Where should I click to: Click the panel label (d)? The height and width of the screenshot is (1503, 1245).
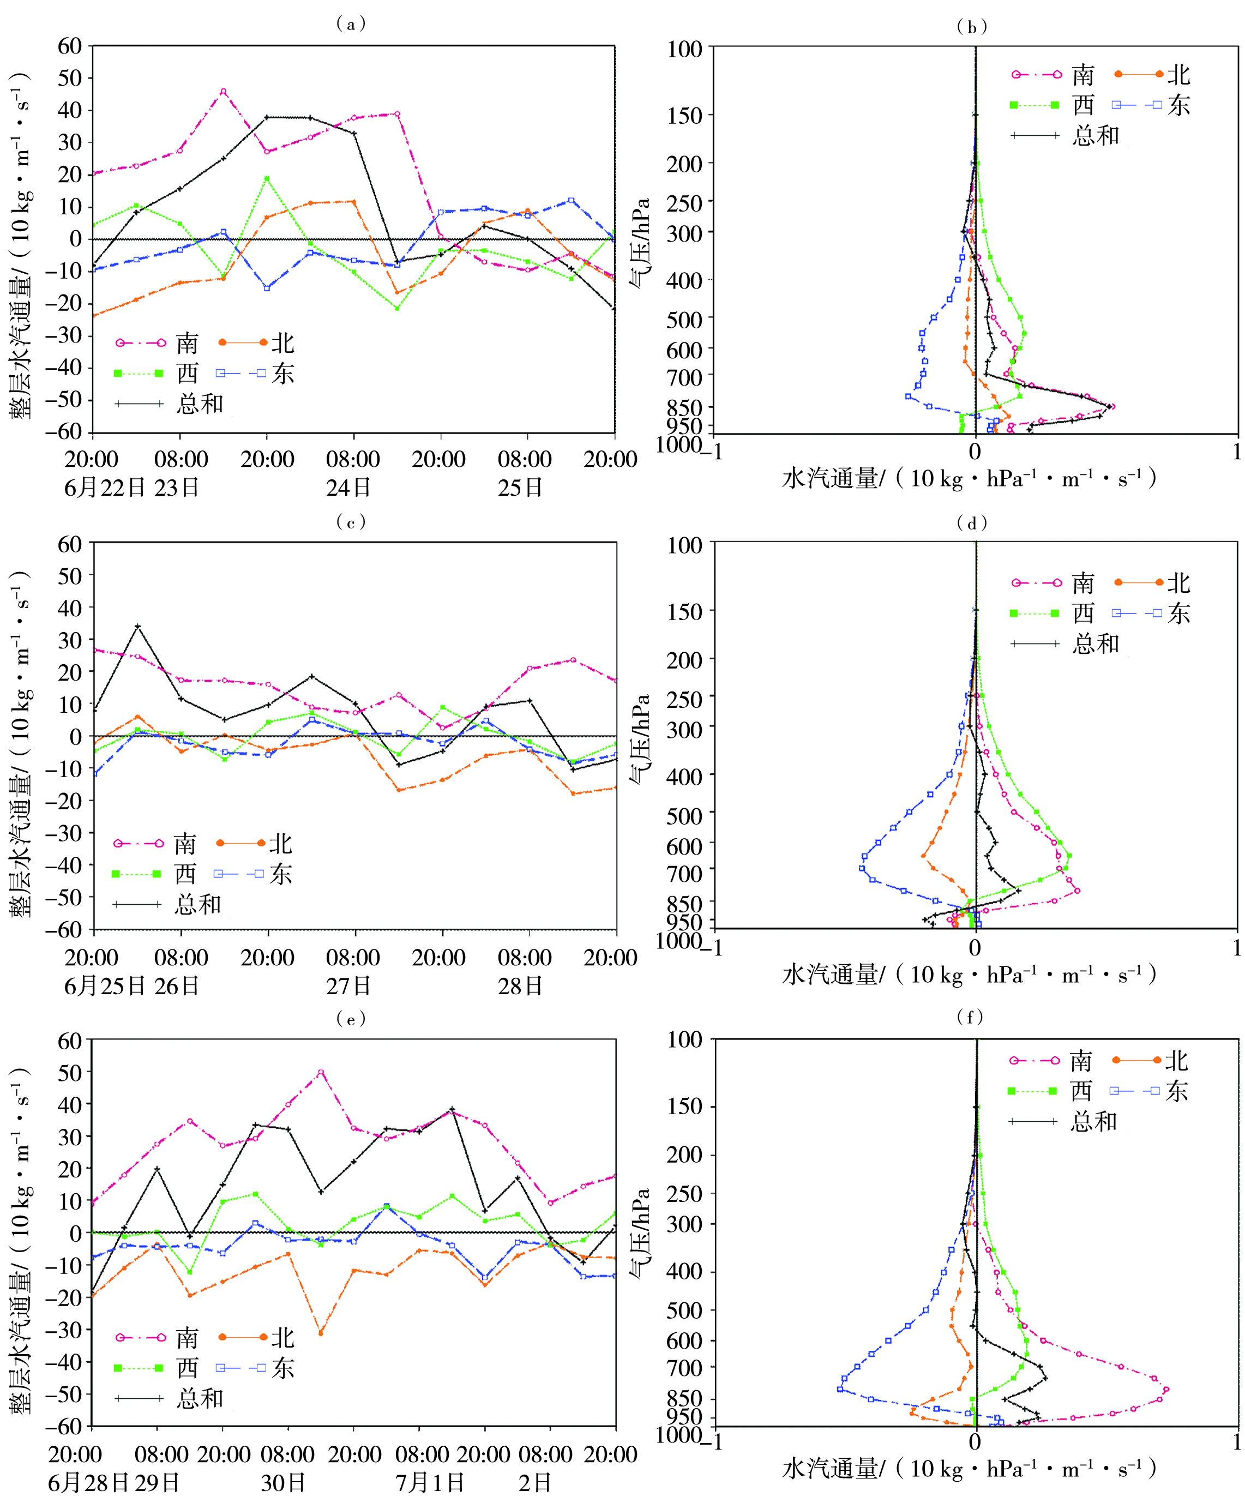[x=972, y=523]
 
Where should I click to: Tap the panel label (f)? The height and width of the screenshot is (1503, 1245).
[x=970, y=1017]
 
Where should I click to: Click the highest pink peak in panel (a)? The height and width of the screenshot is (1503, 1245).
[x=223, y=92]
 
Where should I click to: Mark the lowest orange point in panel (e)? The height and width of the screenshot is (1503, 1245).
[x=321, y=1333]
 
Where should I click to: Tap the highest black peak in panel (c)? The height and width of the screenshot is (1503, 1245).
[x=138, y=627]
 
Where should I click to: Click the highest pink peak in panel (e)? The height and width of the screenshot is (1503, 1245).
[x=321, y=1072]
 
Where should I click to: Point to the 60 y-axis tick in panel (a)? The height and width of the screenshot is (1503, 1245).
[x=70, y=46]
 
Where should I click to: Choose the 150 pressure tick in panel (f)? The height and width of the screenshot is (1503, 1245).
[x=685, y=1107]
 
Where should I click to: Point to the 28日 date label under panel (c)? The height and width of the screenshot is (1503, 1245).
[x=520, y=986]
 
